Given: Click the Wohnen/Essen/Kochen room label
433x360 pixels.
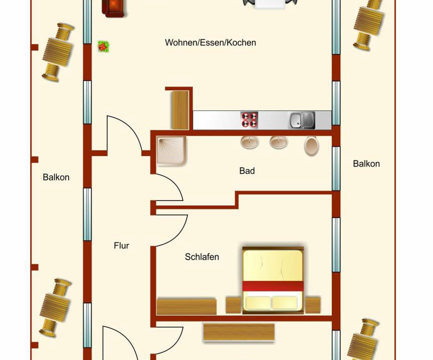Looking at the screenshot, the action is pos(210,42).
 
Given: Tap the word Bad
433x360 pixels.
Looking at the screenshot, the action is pos(247,171).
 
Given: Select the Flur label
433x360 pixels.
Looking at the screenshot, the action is pos(121,245).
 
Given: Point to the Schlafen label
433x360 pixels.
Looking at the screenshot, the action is pos(202,257).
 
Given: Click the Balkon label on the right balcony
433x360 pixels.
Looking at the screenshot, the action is pos(366,164).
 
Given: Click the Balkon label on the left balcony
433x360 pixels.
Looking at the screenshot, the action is pos(56,177).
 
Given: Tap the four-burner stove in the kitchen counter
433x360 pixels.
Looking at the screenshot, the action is pos(250,120).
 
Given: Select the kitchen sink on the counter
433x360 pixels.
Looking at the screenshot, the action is pos(302,120).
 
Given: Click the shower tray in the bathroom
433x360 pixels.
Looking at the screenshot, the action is pos(171,151).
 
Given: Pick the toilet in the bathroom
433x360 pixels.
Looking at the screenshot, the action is pos(312,146).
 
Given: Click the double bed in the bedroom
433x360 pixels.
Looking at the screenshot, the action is pos(273,280).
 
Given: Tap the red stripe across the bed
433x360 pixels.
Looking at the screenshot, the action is pos(273,286).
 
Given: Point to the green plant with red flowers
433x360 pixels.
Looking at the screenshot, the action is pos(104,46).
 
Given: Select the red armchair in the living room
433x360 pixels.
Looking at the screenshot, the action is pos(113,8).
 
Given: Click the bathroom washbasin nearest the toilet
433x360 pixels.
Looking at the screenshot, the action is pos(279,142).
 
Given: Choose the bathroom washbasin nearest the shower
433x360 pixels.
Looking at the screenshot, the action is pos(250,142).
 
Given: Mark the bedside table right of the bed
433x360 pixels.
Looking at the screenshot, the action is pos(313,305).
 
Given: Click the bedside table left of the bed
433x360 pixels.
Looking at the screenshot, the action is pos(234,305).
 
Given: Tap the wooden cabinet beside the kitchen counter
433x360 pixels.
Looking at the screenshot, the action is pos(180,110).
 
